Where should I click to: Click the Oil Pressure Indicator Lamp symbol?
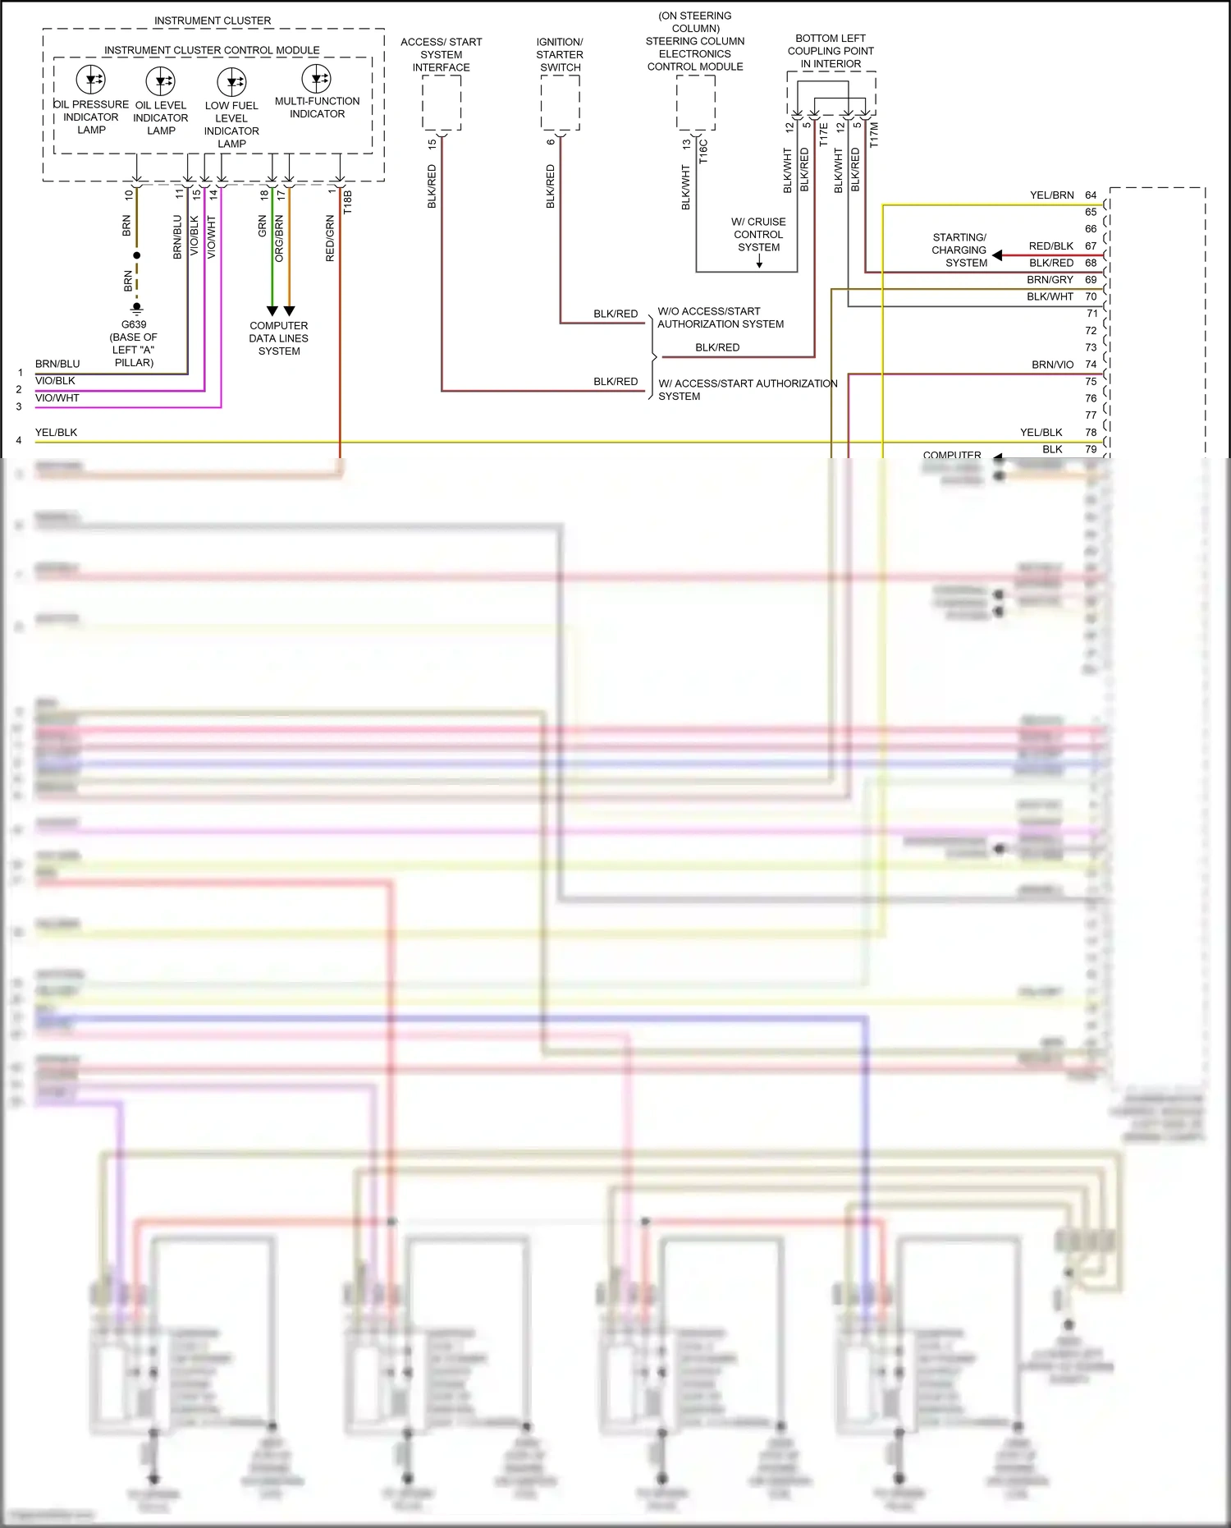pos(91,80)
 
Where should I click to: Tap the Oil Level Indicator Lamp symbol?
pos(161,80)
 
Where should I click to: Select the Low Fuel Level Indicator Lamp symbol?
pos(232,81)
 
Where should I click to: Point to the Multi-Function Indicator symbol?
pos(317,79)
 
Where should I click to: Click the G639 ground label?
pos(134,324)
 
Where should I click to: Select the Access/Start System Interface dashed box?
pos(442,103)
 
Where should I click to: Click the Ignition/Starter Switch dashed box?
pos(561,103)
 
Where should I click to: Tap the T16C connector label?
pos(704,151)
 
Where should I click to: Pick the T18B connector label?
pos(348,202)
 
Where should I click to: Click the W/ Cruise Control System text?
pos(758,234)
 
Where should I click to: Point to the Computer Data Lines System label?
pos(279,338)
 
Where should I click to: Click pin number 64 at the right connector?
pos(1091,195)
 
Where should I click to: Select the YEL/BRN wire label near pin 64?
pos(1051,195)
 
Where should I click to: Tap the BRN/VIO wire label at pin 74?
pos(1052,365)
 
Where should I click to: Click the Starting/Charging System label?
pos(959,250)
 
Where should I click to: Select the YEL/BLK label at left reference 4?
pos(56,433)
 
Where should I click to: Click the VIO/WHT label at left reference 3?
pos(57,398)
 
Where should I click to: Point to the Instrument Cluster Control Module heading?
pos(212,50)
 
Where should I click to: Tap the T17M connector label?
pos(874,135)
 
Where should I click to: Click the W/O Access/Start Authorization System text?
pos(720,318)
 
